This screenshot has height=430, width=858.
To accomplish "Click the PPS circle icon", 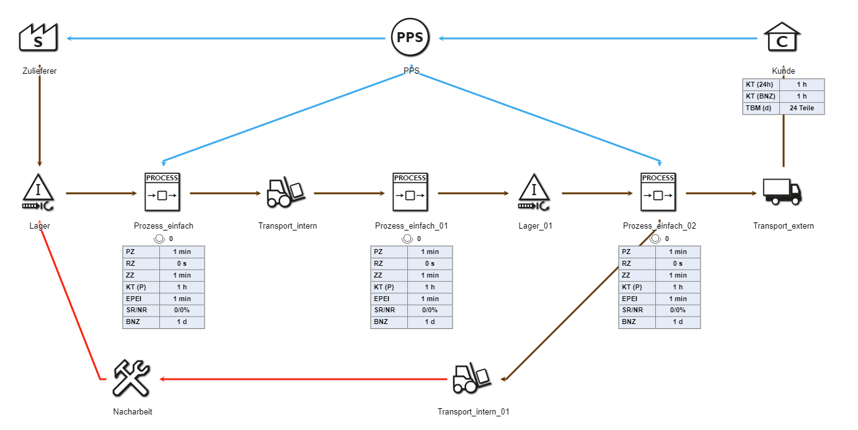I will [x=410, y=38].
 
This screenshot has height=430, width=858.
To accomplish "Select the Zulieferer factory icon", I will [x=38, y=37].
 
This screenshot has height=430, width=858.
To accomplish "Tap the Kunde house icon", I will [x=782, y=38].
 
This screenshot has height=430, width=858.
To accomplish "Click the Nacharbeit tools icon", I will [x=131, y=379].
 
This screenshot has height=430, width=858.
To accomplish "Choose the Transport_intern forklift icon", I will [x=286, y=192].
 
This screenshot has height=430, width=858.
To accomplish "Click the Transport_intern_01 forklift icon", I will [x=472, y=379].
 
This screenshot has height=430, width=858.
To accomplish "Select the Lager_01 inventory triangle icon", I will [x=534, y=192].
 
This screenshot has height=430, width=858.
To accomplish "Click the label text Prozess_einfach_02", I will [x=659, y=226].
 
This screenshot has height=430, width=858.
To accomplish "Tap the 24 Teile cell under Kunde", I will [x=802, y=108].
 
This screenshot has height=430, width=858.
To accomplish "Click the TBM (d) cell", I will [x=761, y=108].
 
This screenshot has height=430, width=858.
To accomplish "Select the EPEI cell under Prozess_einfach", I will [x=141, y=299].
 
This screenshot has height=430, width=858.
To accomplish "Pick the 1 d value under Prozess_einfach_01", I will [x=430, y=322].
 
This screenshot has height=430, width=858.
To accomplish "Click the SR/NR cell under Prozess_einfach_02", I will [x=637, y=310].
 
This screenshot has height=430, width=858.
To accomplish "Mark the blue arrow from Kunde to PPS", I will [x=598, y=38].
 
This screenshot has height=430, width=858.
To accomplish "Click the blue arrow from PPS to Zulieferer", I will [x=226, y=38].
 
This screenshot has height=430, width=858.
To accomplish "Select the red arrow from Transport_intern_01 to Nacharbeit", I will [x=304, y=379].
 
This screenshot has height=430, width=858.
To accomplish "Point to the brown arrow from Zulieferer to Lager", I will [x=40, y=118].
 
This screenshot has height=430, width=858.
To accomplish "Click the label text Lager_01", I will [x=535, y=226].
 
